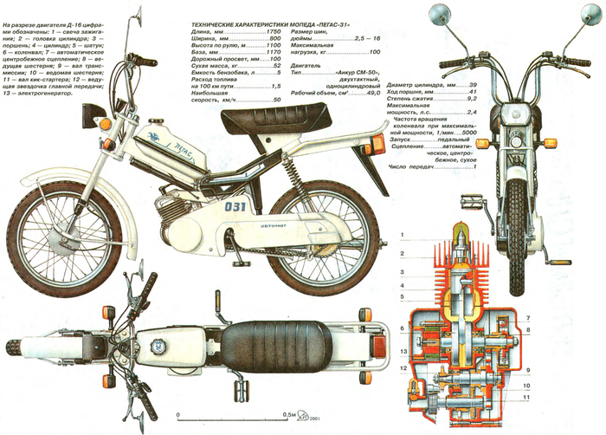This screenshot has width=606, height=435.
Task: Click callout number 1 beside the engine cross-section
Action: click(403, 235)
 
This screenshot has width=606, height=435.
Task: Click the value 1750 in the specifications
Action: click(273, 31)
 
